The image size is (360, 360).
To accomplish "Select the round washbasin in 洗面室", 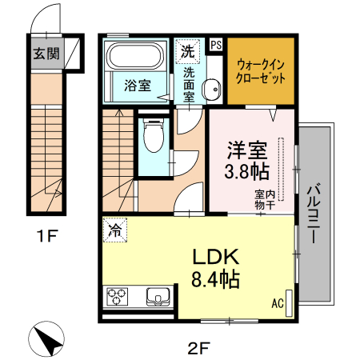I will click(211, 90).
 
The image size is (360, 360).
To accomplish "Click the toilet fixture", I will click(150, 138).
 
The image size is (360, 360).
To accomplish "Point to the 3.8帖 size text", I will click(246, 171).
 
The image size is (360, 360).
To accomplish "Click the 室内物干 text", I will click(265, 199).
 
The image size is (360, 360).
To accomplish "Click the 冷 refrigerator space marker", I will click(115, 231).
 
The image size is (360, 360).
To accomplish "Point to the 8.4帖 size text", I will click(212, 279).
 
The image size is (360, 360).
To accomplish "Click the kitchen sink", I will click(158, 298).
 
